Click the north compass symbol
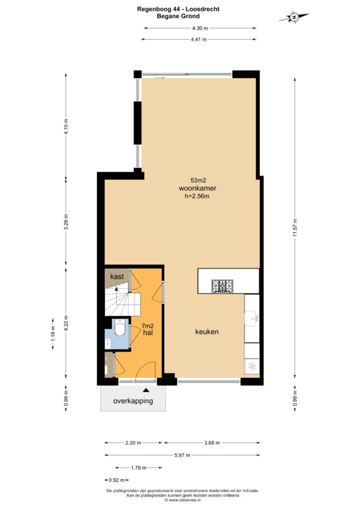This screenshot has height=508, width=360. (294, 17)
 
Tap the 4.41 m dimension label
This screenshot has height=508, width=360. (199, 40)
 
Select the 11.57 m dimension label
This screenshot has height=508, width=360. (295, 228)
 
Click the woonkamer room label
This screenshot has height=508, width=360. (198, 188)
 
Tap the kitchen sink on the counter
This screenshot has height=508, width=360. (252, 319)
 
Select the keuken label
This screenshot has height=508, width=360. (207, 332)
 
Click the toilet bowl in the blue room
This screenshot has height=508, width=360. (120, 328)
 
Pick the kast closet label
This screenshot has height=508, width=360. (117, 277)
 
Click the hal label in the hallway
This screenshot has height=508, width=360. (148, 333)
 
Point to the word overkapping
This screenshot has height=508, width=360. (133, 401)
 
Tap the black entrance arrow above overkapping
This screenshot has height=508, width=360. (146, 390)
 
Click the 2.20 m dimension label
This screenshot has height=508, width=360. (133, 443)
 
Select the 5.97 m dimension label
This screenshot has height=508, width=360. (182, 455)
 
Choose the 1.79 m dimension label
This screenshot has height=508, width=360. (139, 468)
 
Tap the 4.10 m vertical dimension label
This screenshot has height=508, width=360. (66, 127)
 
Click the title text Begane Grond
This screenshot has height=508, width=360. (178, 16)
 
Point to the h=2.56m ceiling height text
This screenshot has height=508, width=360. (197, 196)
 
